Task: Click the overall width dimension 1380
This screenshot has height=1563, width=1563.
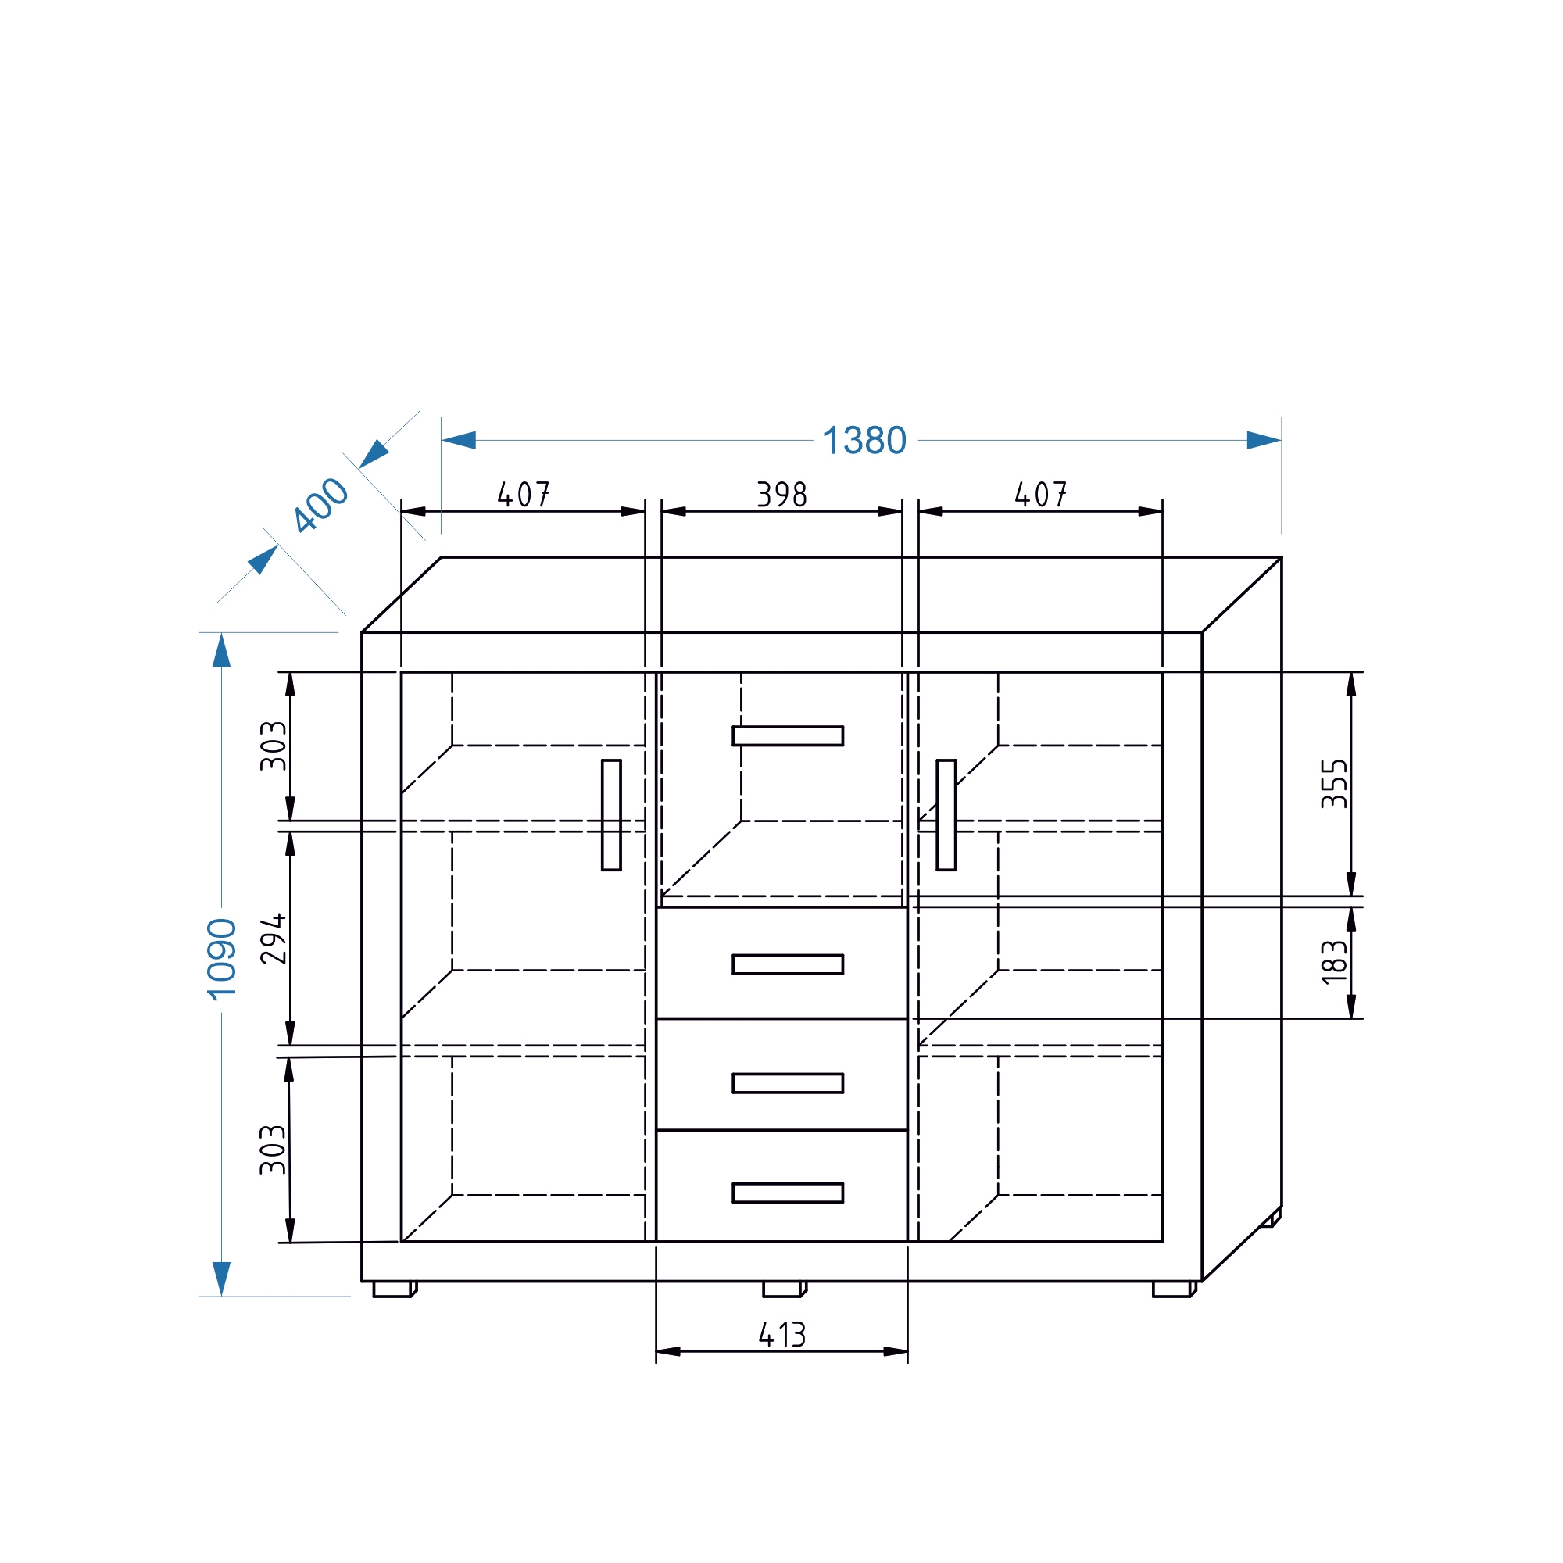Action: pos(864,441)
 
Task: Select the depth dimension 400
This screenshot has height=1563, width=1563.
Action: pos(320,505)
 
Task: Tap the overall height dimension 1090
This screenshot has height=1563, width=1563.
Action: pos(222,960)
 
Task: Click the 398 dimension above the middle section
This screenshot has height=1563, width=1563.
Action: pos(781,495)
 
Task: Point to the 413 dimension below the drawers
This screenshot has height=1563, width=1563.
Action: pos(781,1335)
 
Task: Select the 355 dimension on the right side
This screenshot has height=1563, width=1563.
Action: pos(1334,784)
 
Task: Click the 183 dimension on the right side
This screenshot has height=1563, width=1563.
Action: pos(1334,962)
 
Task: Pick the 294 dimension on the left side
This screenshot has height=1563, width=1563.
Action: pos(274,939)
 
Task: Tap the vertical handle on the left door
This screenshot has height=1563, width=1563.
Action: pos(612,814)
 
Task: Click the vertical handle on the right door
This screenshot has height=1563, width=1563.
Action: pos(946,814)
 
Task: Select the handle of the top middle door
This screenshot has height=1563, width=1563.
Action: pos(787,735)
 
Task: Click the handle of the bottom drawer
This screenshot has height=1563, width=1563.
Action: pos(787,1193)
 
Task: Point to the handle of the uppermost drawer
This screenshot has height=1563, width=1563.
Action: pos(787,964)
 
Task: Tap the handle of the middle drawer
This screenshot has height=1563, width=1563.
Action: pos(787,1083)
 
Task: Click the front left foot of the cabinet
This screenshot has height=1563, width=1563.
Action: pos(393,1289)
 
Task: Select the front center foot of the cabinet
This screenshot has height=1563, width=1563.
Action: pos(782,1289)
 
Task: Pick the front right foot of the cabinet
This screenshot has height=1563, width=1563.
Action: pos(1172,1289)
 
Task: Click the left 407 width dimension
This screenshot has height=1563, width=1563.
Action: pos(524,495)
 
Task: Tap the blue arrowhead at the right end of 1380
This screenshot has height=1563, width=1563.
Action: pos(1263,441)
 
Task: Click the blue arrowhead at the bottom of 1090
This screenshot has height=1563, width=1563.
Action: pos(222,1279)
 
